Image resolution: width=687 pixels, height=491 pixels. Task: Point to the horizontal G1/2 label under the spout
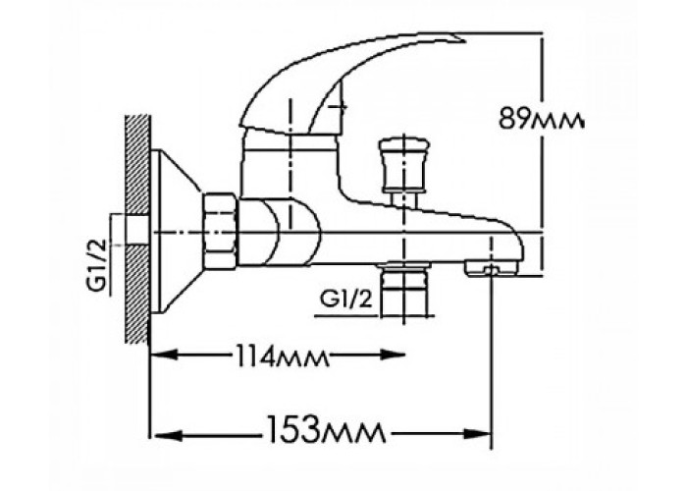coord(347,300)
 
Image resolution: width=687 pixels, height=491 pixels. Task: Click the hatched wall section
coord(137,229)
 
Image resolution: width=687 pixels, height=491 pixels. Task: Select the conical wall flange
coord(176,232)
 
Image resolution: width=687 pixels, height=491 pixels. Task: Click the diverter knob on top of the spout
coord(403,166)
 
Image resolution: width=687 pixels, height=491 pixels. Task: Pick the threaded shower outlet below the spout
coord(403,289)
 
